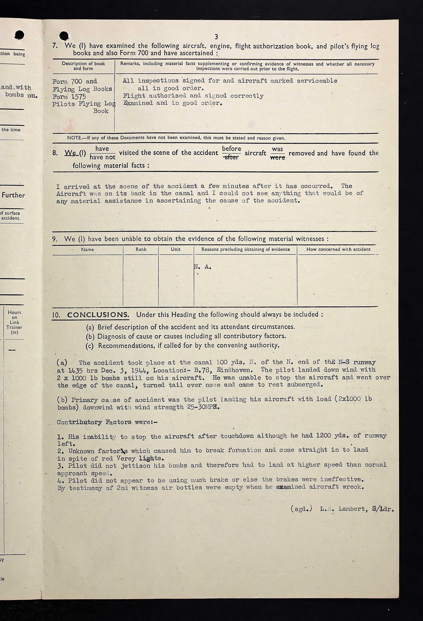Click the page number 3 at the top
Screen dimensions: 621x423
point(216,37)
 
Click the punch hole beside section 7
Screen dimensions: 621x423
point(64,36)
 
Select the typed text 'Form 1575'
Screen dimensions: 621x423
point(69,96)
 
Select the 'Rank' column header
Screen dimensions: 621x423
point(141,249)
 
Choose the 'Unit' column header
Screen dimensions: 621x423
point(176,249)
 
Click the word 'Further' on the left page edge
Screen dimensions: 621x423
point(13,195)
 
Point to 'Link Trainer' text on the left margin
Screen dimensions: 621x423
point(14,325)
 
